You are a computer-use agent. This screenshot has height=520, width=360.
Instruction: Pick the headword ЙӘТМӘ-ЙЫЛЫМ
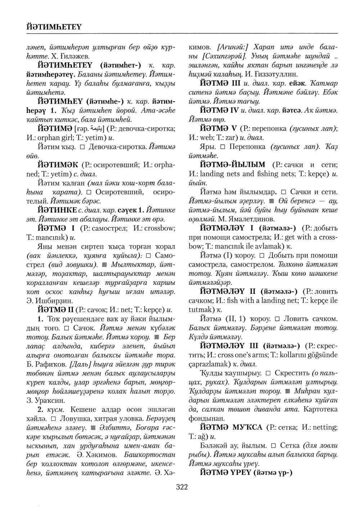233,165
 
